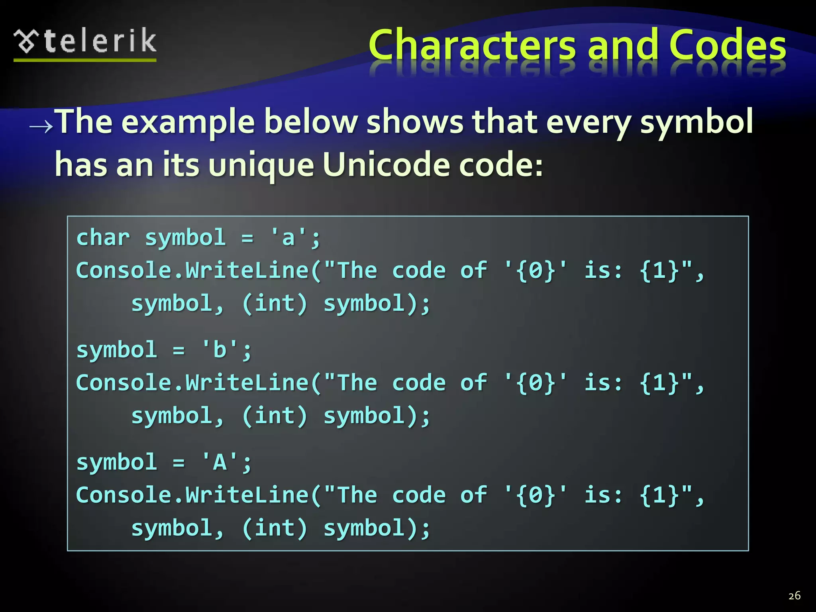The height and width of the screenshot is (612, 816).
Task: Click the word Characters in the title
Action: coord(472,45)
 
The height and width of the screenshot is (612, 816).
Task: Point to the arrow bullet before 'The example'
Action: coord(41,127)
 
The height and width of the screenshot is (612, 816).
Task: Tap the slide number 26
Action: coord(794,596)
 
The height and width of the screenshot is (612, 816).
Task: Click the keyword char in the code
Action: coord(103,238)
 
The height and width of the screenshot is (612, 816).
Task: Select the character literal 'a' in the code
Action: coord(288,238)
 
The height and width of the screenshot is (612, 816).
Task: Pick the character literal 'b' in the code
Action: coord(220,350)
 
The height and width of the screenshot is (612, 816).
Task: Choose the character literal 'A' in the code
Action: coord(220,463)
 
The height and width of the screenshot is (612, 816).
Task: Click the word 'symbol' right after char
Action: coord(185,238)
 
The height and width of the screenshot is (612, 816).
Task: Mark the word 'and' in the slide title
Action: coord(622,45)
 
